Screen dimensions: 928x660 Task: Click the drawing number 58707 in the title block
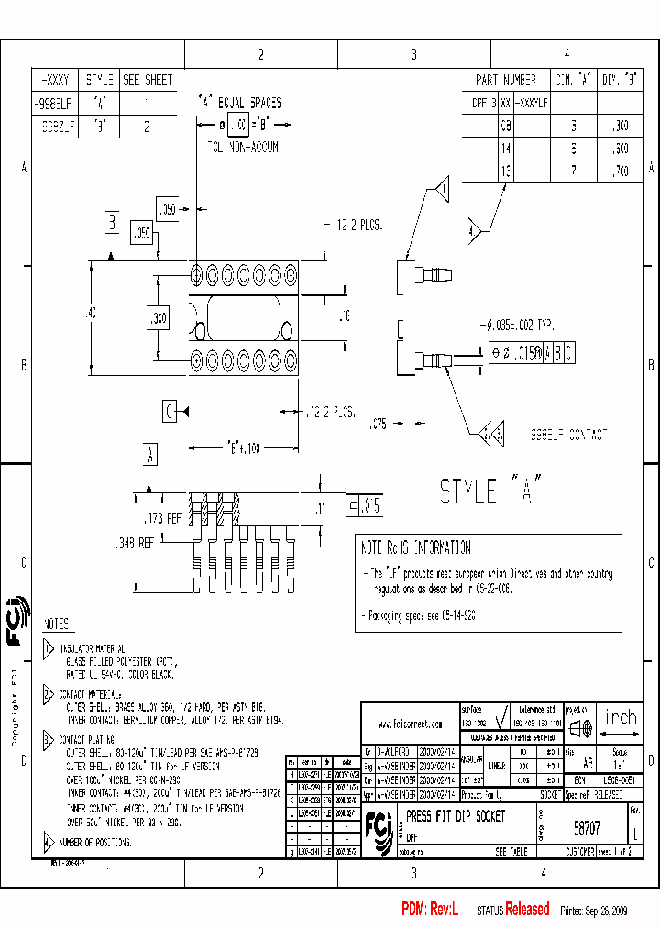tap(587, 827)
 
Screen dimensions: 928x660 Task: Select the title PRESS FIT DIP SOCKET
tap(455, 815)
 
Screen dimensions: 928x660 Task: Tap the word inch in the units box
tap(621, 717)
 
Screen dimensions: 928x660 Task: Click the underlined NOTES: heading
tap(58, 624)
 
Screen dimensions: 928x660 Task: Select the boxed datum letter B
tap(112, 221)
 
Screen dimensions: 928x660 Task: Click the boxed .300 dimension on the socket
tap(158, 318)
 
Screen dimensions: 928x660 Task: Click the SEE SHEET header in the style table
tap(147, 80)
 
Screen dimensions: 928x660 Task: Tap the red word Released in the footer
tap(528, 910)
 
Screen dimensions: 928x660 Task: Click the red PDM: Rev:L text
tap(434, 910)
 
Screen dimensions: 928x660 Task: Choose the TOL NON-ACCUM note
tap(241, 146)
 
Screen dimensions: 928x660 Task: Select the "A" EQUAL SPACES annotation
tap(240, 103)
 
